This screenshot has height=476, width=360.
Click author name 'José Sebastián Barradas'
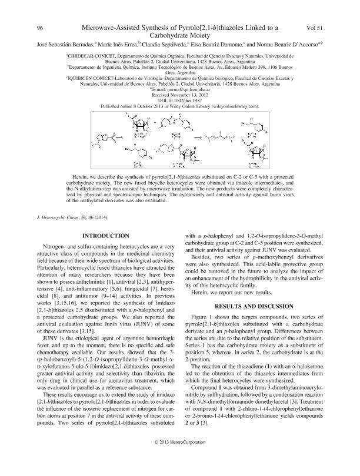[52, 43]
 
